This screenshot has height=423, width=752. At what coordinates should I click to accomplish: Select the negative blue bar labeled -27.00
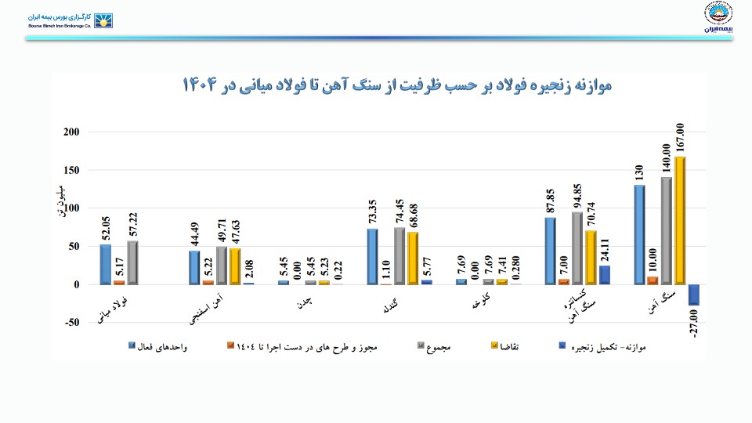click(694, 295)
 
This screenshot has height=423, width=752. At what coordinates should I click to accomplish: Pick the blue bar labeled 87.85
click(551, 251)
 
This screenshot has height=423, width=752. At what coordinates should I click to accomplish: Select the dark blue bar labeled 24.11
click(604, 275)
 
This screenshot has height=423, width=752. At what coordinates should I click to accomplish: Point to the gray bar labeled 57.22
click(132, 262)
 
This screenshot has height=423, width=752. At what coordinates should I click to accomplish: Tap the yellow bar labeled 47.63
click(235, 266)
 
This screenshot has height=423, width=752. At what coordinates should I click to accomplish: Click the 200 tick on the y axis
click(71, 132)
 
